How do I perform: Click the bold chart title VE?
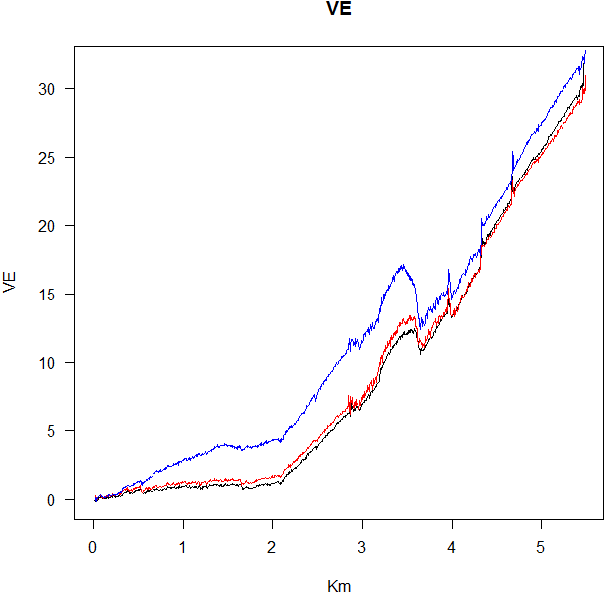tap(338, 10)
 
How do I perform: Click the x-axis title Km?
tap(339, 586)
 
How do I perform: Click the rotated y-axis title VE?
tap(11, 282)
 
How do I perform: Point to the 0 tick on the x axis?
tap(94, 547)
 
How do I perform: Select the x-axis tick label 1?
tap(183, 547)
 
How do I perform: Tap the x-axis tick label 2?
tap(273, 547)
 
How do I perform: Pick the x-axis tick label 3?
tap(362, 547)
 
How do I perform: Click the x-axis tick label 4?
tap(452, 547)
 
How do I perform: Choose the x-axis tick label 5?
tap(542, 547)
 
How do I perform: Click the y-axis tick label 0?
tap(55, 500)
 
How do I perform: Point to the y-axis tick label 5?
tap(55, 431)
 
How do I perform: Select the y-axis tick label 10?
tap(51, 363)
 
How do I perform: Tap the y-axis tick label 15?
tap(51, 295)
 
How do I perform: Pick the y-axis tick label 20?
tap(51, 226)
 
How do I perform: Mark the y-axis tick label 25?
tap(51, 158)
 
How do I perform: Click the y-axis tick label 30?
tap(51, 89)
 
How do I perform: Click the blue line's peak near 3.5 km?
tap(403, 265)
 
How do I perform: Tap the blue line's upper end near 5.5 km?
tap(586, 51)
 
